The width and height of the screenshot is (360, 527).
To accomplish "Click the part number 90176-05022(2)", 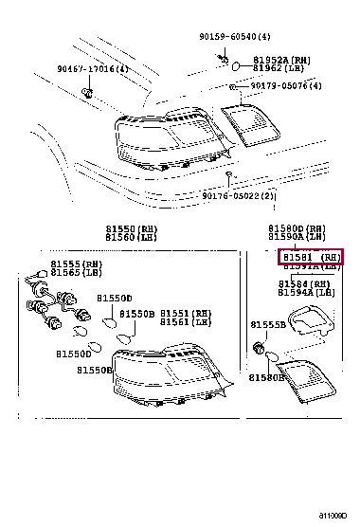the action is (x=239, y=196).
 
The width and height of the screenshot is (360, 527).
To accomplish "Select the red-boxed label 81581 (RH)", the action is (x=310, y=257).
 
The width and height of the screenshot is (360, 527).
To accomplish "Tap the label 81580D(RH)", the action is (x=297, y=228).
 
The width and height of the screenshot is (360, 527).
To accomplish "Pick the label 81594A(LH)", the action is (x=306, y=294).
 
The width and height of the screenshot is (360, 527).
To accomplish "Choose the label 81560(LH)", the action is (x=132, y=238).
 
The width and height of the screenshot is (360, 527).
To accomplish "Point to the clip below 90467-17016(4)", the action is (x=87, y=93).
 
